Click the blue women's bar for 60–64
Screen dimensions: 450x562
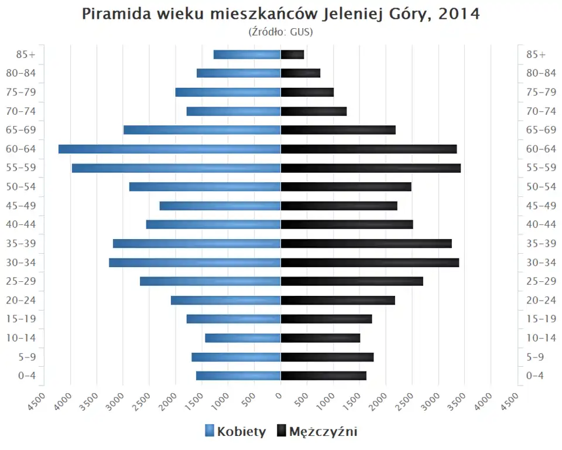(170, 149)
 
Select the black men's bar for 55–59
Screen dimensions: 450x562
(371, 168)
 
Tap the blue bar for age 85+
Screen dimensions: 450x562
(247, 54)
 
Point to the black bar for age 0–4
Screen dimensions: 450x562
(323, 376)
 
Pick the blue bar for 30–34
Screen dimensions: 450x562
(195, 262)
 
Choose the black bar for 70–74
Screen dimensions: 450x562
(314, 111)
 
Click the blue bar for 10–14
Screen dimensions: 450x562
(243, 338)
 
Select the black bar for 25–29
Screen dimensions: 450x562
(352, 281)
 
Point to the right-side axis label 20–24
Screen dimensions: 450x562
(541, 300)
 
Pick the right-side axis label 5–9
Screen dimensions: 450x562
(536, 357)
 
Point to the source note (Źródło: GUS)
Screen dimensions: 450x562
(281, 32)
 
